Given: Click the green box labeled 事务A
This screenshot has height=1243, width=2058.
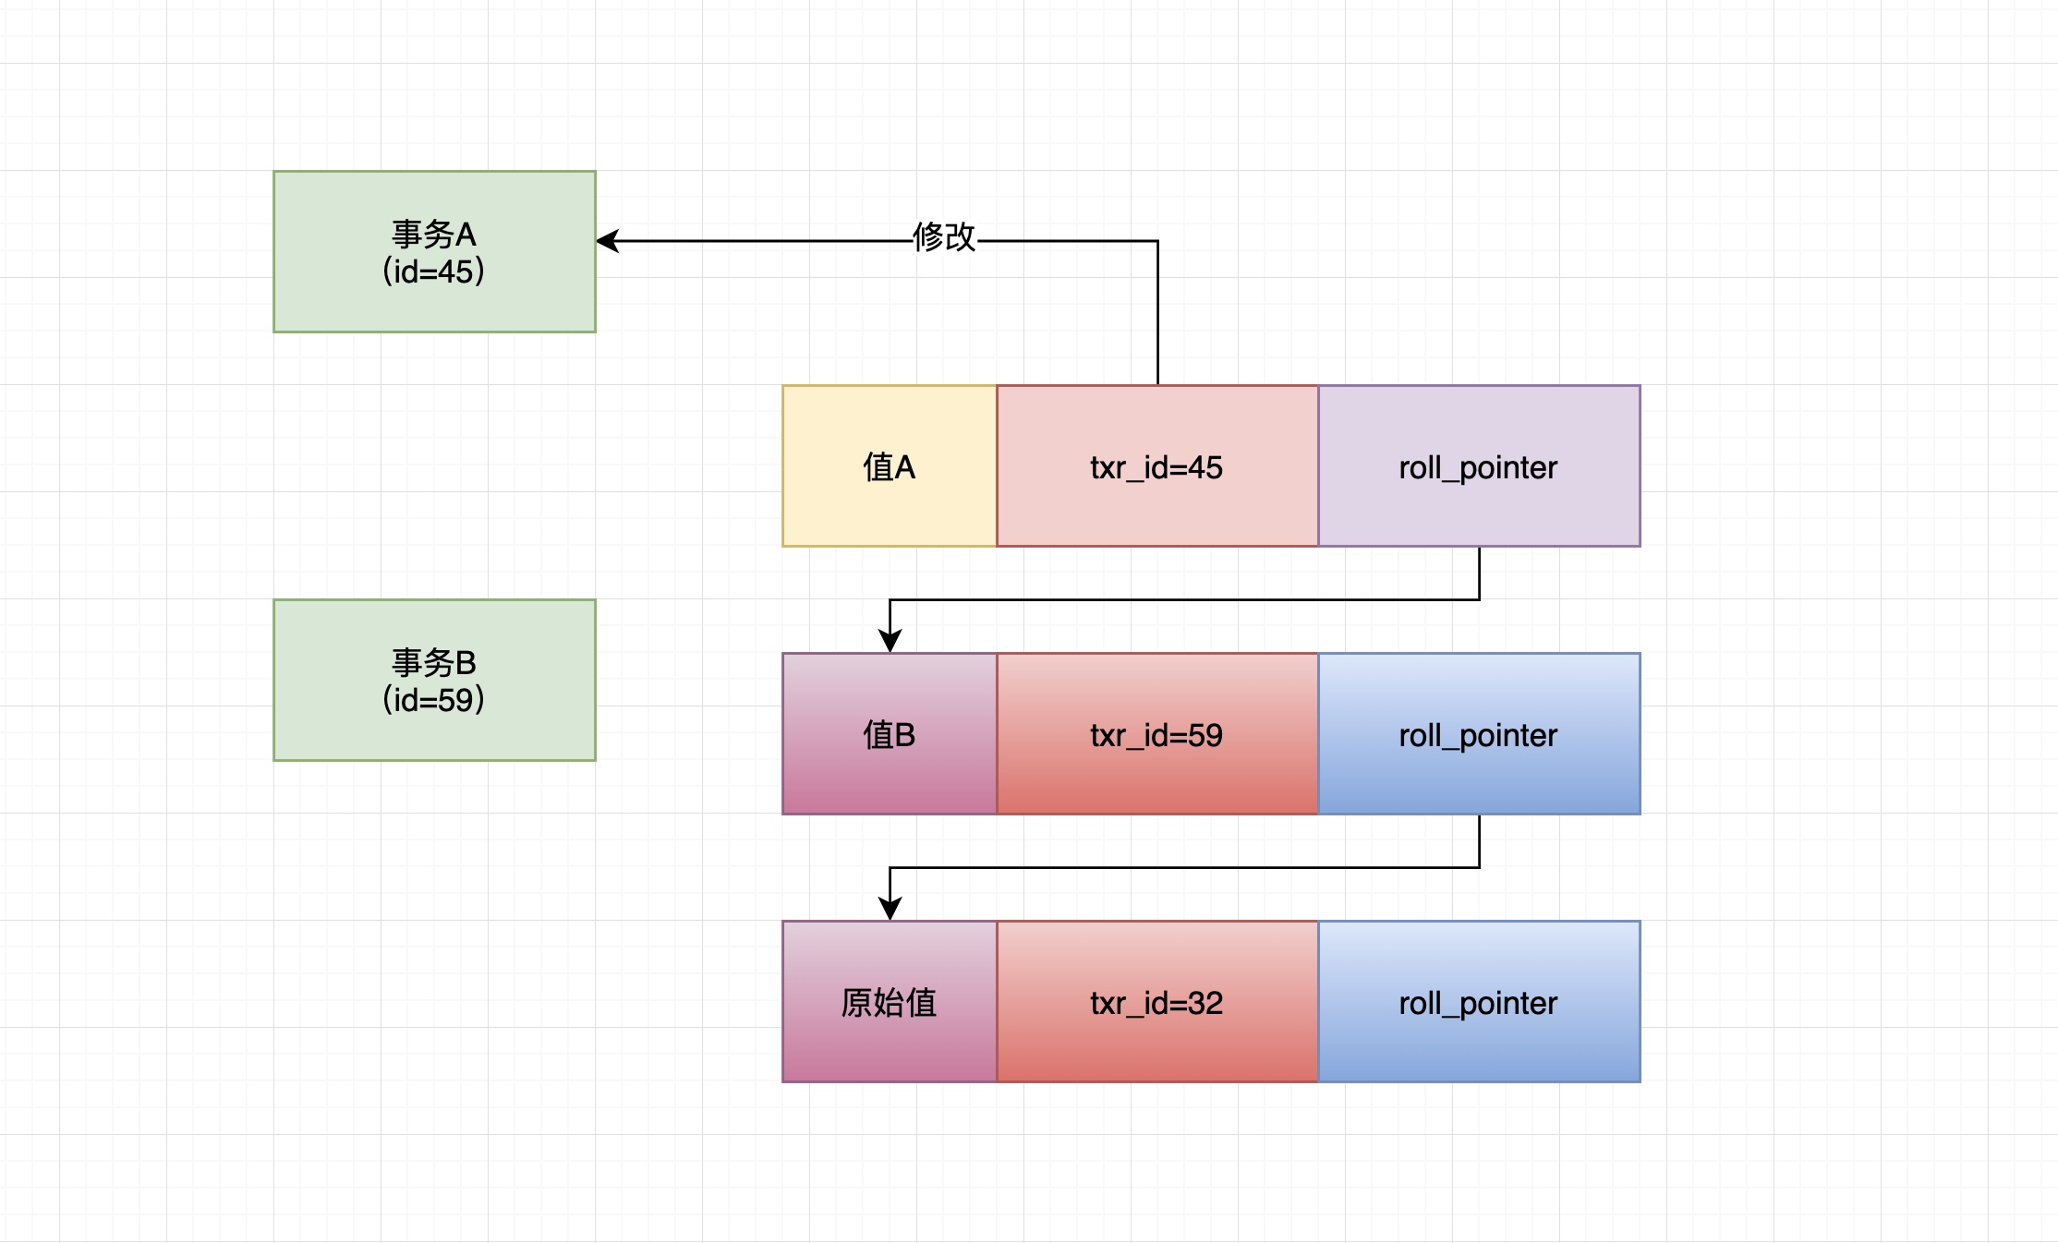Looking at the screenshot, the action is pos(434,251).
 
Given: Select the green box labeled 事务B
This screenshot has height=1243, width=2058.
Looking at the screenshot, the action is pos(434,680).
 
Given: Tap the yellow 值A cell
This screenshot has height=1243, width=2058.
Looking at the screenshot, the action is pos(890,466).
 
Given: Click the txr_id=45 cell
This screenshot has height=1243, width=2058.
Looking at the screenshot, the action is pos(1157,466).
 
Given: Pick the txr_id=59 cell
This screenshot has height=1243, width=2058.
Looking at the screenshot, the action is pos(1157,734).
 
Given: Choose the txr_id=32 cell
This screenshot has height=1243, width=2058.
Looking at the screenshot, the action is pos(1157,1002).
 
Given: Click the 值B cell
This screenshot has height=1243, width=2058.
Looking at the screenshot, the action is pos(890,734).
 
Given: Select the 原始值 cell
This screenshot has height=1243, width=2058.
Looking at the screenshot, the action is pos(890,1002).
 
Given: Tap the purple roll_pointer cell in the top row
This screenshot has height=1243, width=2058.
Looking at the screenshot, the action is pos(1479,466).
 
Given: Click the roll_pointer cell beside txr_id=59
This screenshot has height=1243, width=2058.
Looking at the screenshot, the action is pos(1479,734).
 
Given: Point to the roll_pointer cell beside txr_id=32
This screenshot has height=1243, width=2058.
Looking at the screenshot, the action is pos(1479,1002).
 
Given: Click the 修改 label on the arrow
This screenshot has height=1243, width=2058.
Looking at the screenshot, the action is pos(944,237).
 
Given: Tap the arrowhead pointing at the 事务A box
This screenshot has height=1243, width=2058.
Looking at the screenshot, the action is pos(607,241).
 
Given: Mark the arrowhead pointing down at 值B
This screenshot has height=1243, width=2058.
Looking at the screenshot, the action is pos(890,641).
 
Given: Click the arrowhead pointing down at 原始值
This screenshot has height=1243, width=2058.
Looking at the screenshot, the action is pos(890,909).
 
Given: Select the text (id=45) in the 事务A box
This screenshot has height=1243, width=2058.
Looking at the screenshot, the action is pos(434,272).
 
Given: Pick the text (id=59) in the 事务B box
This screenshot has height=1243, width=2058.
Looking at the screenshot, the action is pos(434,700).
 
